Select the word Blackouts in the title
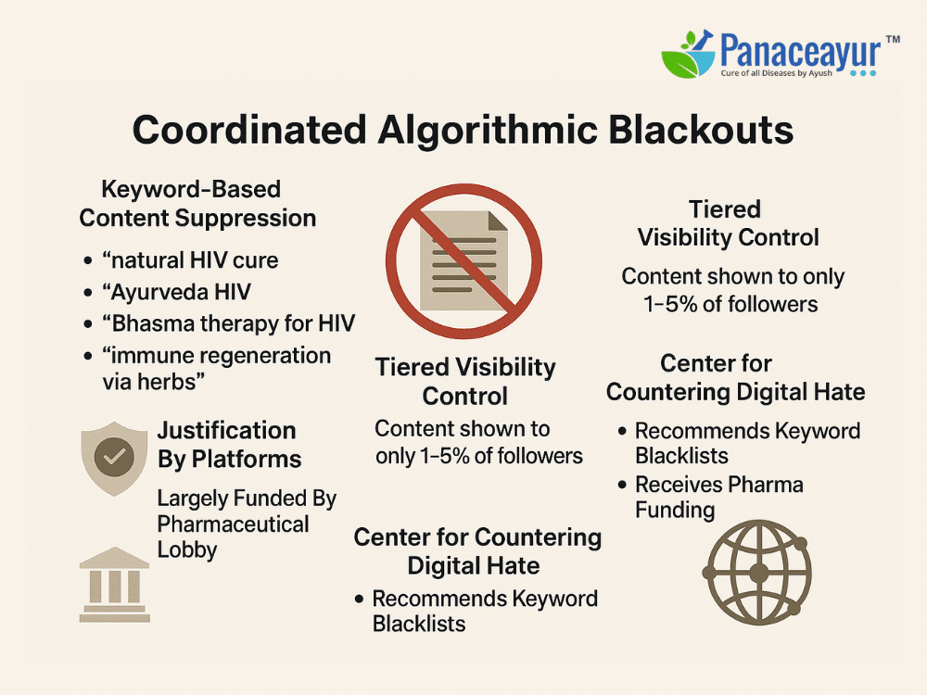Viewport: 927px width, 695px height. coord(701,130)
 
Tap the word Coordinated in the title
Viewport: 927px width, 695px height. coord(248,130)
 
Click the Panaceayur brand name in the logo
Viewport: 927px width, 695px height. coord(801,51)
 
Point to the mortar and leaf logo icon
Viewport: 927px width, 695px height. coord(688,55)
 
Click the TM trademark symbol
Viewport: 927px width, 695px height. coord(893,40)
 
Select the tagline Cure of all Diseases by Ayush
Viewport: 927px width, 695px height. coord(776,73)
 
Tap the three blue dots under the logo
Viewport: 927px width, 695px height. coord(862,74)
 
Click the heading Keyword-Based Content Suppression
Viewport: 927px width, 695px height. coord(197,204)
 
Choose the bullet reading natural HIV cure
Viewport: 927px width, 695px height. coord(190,260)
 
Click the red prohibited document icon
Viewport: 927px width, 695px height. coord(463,260)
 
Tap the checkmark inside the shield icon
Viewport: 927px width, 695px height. coord(114,457)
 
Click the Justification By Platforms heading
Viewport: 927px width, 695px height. coord(229,445)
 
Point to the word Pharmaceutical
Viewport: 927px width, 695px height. coord(233,524)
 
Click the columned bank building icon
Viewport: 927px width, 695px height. coord(115,585)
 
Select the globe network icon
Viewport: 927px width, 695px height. coord(757,572)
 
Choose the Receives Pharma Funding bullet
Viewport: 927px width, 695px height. coord(719,497)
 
